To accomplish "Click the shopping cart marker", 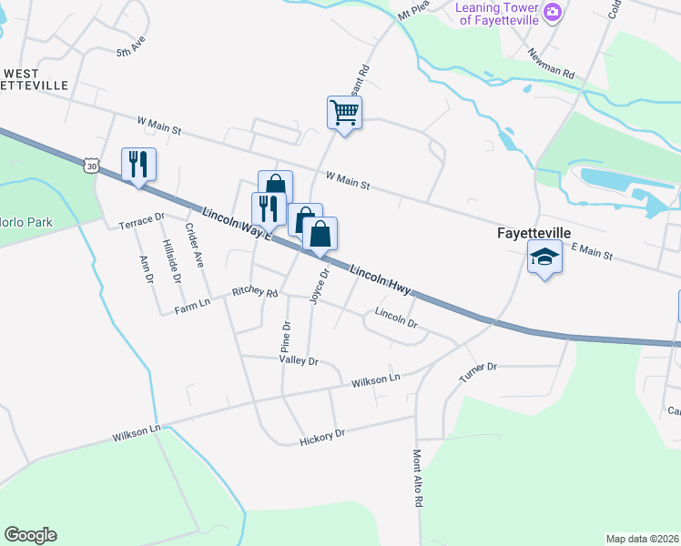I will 344,113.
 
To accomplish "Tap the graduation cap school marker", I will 544,258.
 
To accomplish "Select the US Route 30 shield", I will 89,165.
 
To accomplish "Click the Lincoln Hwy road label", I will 381,280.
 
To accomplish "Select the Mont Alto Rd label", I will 418,478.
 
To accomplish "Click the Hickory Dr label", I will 322,439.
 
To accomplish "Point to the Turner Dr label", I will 478,372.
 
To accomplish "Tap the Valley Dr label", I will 299,361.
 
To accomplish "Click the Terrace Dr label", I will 141,220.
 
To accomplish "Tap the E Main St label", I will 592,250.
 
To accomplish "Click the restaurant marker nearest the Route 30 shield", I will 138,165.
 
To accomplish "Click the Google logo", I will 30,535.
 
